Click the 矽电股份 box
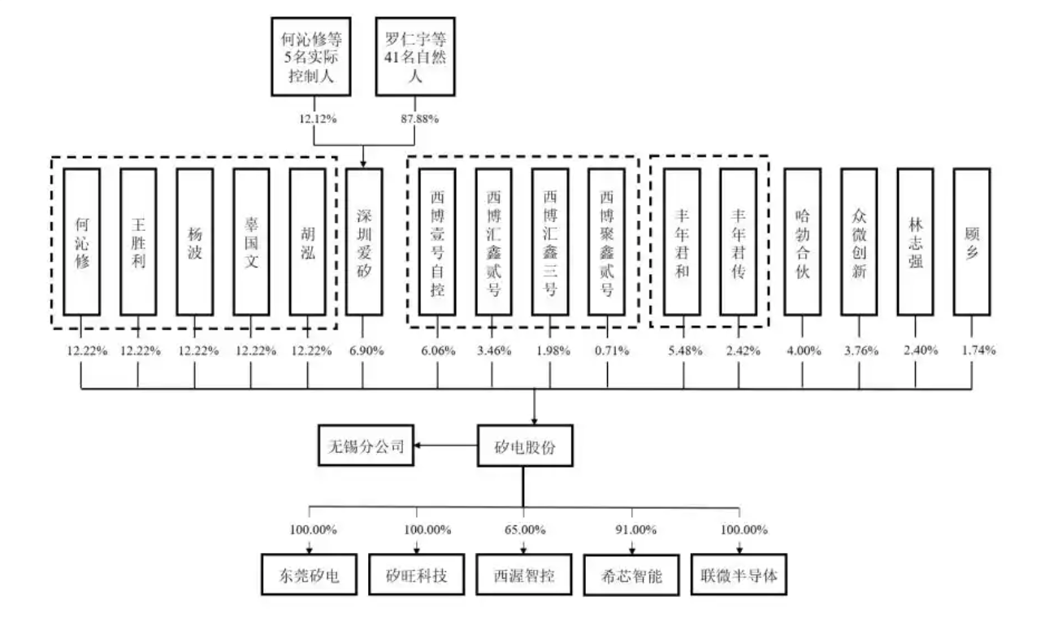525,446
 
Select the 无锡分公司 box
366,446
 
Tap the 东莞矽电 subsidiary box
309,575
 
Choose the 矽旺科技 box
416,575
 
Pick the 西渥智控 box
524,575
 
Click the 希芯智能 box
631,575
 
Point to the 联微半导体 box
739,575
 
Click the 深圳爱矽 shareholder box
364,242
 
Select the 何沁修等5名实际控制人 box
311,57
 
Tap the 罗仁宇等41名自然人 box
415,57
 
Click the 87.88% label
419,119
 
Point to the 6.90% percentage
366,350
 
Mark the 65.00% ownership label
525,530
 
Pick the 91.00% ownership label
636,530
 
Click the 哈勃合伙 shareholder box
802,242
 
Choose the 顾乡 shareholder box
972,242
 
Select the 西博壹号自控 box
437,242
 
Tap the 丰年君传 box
738,242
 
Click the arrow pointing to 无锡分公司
445,446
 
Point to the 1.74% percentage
978,350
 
